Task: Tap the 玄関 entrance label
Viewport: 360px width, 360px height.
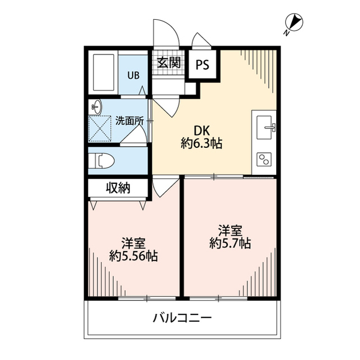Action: pos(168,62)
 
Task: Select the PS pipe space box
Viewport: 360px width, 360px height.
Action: pos(202,65)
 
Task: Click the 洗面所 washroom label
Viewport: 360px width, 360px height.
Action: pos(130,120)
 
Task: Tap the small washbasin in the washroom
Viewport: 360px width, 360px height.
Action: pos(97,105)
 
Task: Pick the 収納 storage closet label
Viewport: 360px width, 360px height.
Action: pos(118,188)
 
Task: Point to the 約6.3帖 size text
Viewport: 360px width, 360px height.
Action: pos(201,144)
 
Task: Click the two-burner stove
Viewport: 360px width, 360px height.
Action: pos(264,159)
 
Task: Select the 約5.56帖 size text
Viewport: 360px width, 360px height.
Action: pos(133,257)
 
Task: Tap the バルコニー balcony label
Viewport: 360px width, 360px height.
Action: pos(183,318)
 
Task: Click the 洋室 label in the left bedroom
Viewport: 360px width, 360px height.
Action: pos(133,244)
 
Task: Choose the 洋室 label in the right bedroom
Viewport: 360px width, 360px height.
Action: pos(230,230)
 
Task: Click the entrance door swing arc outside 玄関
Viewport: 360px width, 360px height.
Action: pos(166,33)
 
